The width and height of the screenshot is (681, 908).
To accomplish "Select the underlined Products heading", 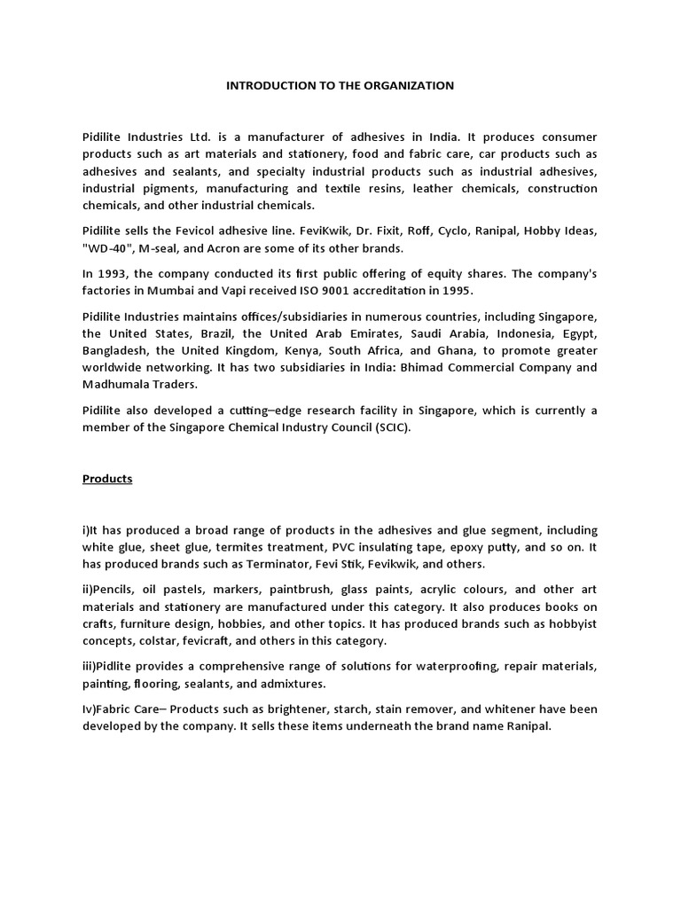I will [x=107, y=479].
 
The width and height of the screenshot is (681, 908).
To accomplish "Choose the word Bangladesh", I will [x=116, y=351].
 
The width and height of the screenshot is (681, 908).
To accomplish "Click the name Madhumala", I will [x=121, y=385].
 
